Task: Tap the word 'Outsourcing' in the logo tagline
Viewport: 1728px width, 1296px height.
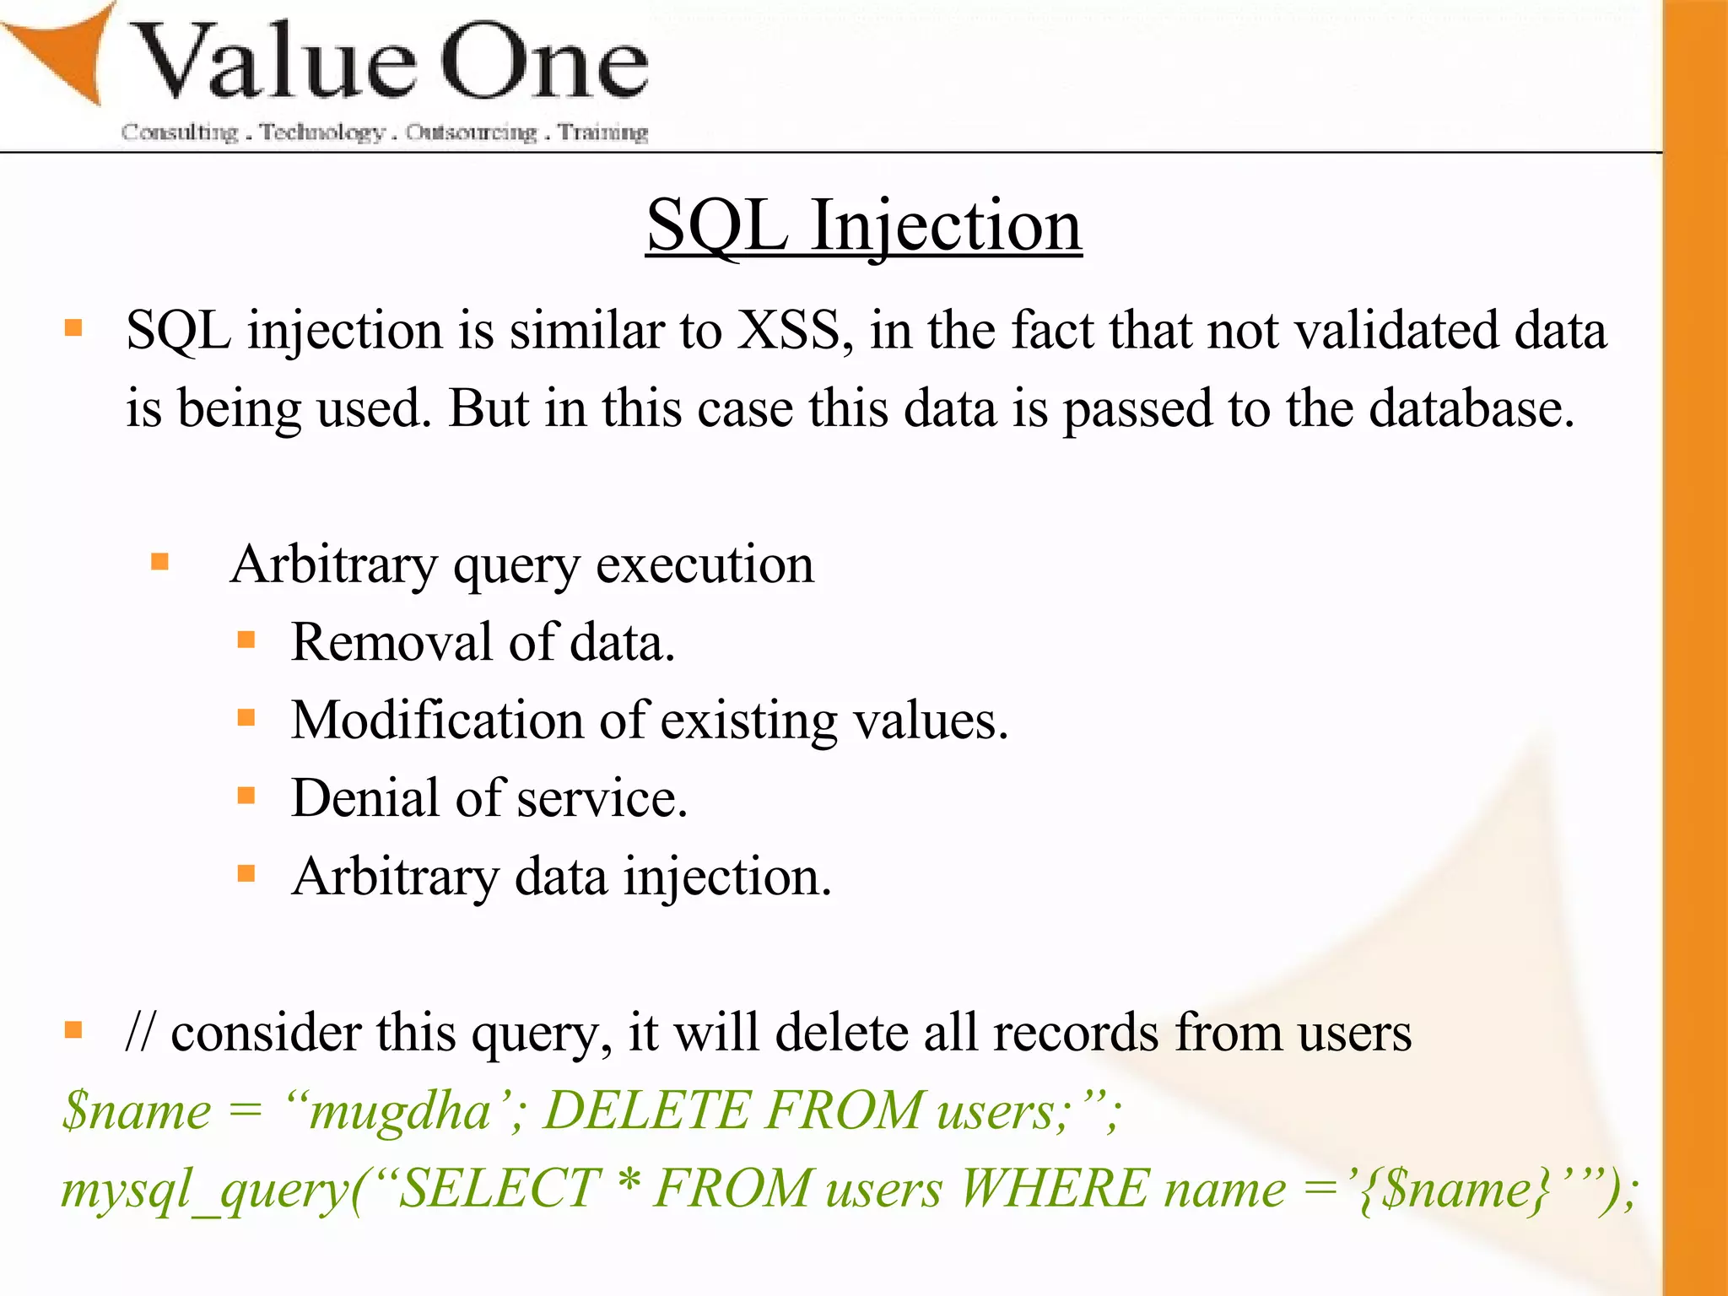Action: (471, 132)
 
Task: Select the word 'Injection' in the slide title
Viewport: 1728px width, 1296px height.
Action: (946, 226)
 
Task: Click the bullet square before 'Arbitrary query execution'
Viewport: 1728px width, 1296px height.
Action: (160, 562)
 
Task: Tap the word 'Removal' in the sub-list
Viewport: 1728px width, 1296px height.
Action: (391, 643)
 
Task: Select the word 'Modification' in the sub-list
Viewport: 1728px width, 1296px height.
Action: (436, 721)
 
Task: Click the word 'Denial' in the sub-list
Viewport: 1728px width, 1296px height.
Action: (365, 799)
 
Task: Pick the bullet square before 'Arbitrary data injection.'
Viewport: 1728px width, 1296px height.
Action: (246, 874)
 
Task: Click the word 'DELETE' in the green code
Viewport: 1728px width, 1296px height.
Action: (645, 1110)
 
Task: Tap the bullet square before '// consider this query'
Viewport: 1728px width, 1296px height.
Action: (74, 1030)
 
